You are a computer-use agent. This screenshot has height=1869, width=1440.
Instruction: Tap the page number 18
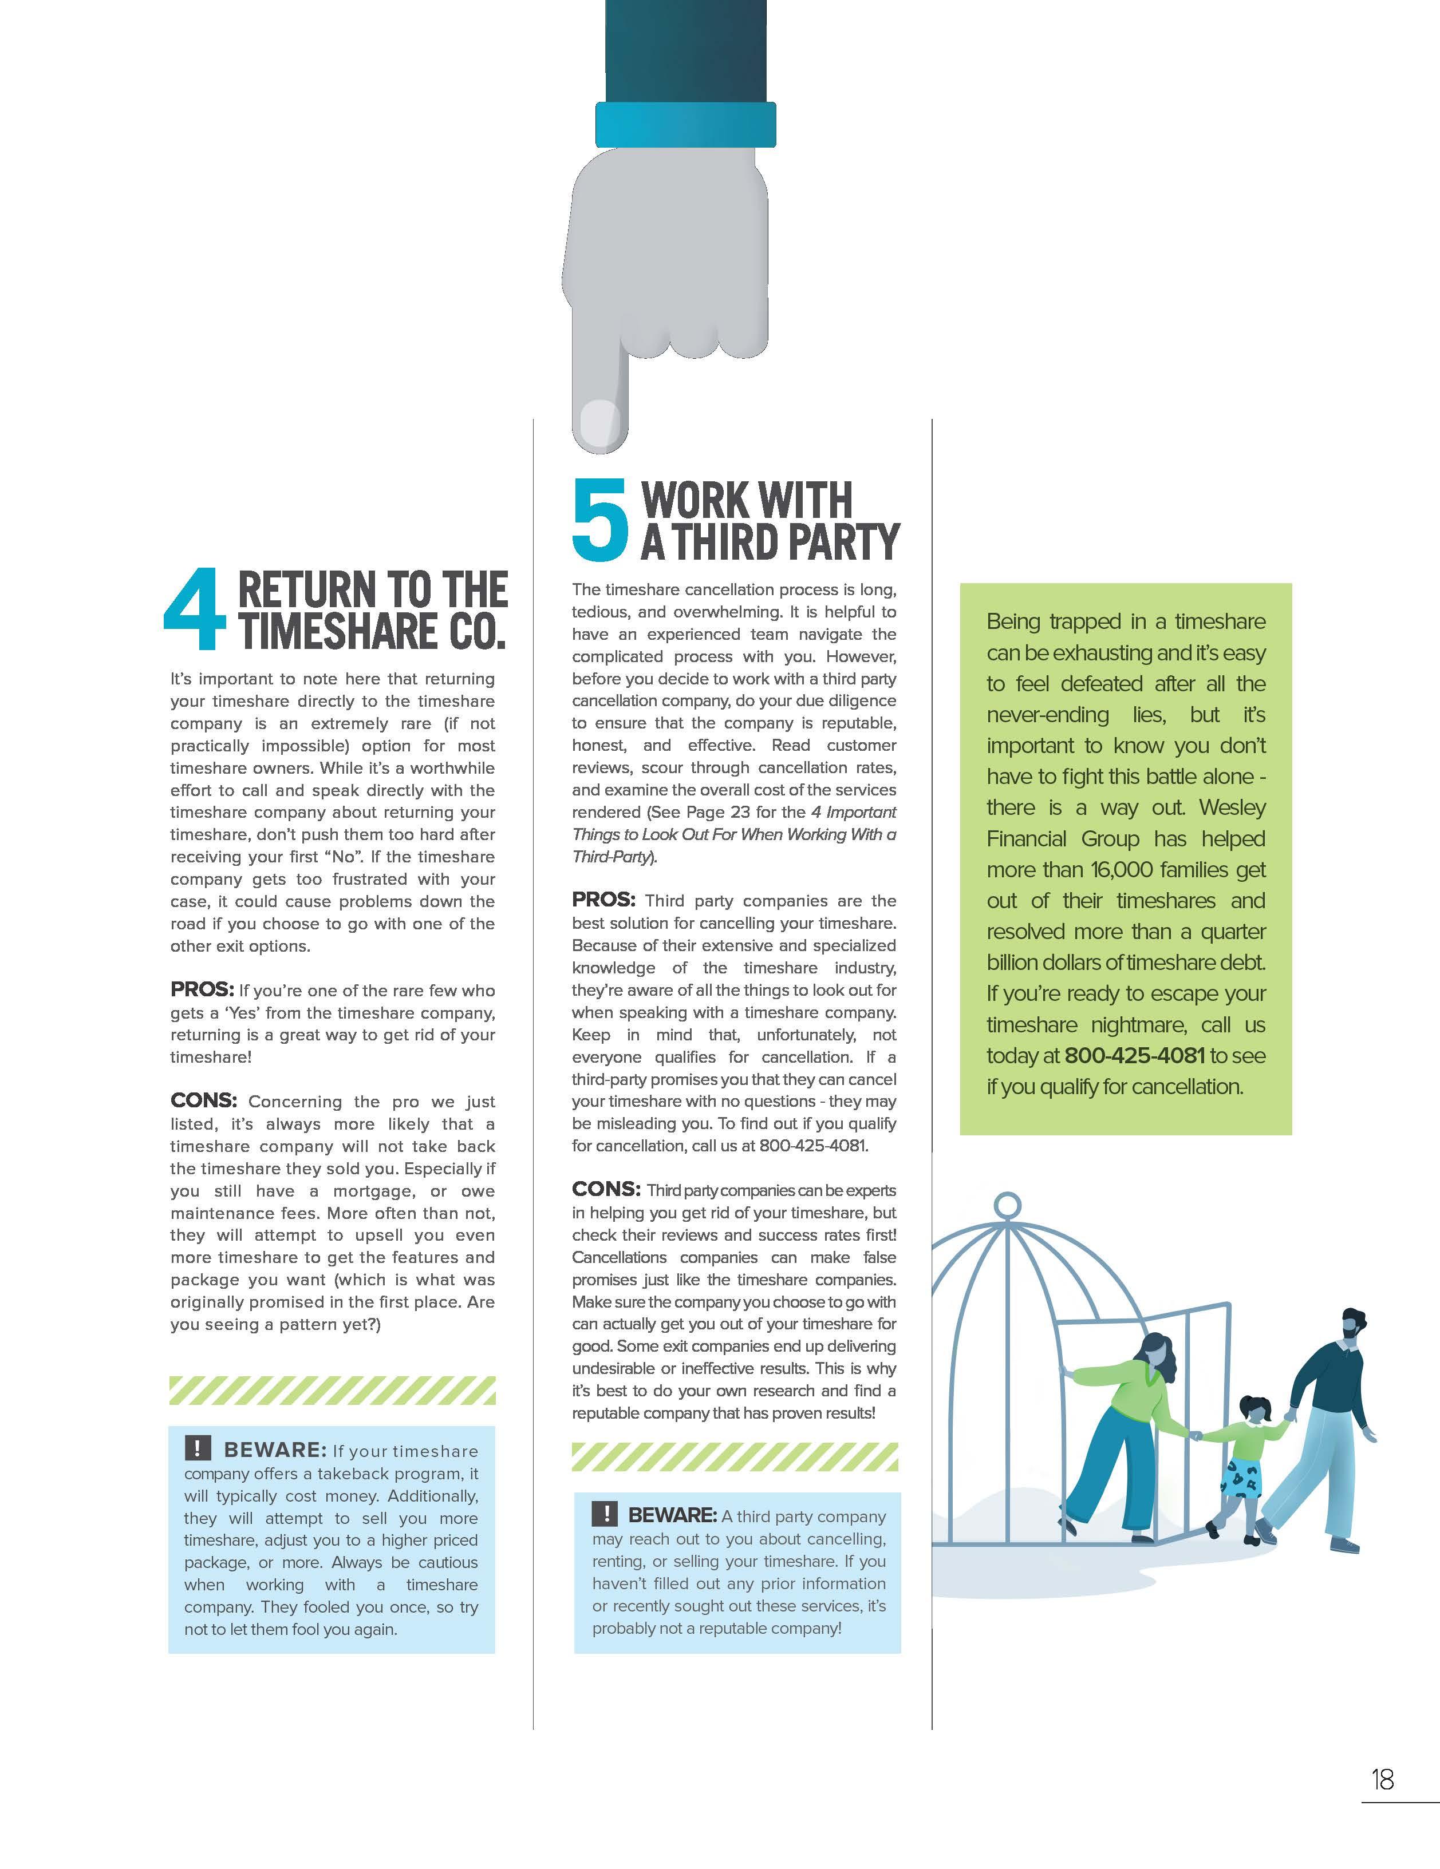tap(1382, 1780)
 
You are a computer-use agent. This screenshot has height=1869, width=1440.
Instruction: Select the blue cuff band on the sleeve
tap(685, 124)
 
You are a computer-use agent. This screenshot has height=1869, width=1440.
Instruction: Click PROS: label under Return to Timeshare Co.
tap(202, 989)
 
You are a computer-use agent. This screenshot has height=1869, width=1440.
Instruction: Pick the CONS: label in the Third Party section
tap(606, 1189)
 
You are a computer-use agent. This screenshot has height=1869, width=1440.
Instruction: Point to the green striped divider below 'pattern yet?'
tap(332, 1391)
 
